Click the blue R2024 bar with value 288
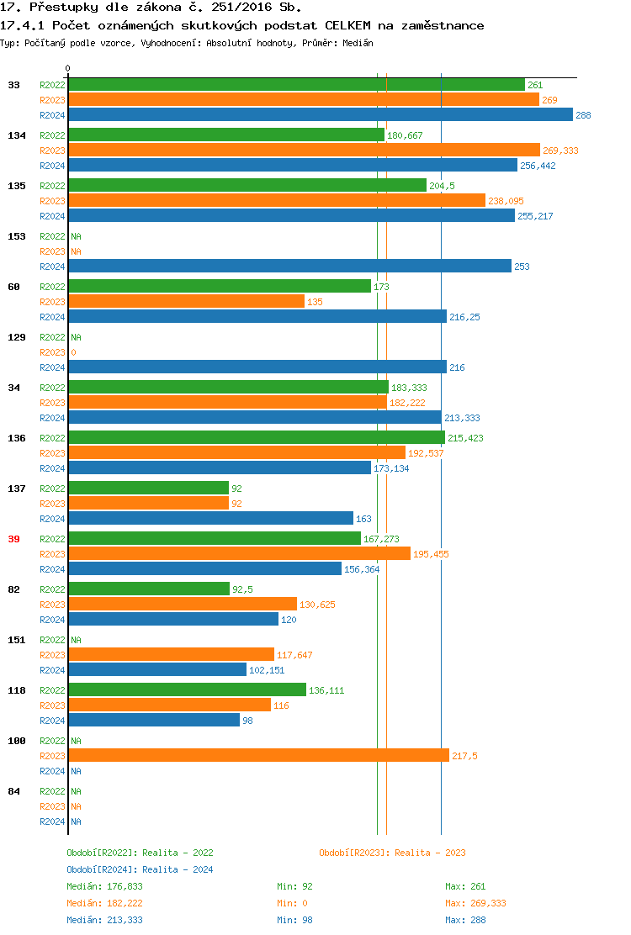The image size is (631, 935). pos(320,115)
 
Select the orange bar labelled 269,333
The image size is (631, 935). pos(304,150)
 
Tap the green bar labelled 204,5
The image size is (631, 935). pos(247,185)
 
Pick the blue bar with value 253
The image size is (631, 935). pos(289,266)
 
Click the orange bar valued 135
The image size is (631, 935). pos(186,301)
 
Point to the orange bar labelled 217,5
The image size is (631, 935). pos(258,755)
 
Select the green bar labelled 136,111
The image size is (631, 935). pos(187,689)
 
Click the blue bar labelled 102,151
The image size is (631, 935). pos(157,669)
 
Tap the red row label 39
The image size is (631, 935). pos(13,539)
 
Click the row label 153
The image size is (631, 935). pos(16,236)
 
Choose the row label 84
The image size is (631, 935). pos(13,791)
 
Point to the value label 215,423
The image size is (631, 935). pos(465,438)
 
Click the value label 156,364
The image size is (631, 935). pos(362,569)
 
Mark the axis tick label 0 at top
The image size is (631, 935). pos(68,68)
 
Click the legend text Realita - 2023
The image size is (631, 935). pos(430,853)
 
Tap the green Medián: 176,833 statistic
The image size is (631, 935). pos(104,886)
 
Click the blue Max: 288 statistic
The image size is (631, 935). pos(465,920)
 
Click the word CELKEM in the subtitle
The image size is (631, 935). pos(349,25)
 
